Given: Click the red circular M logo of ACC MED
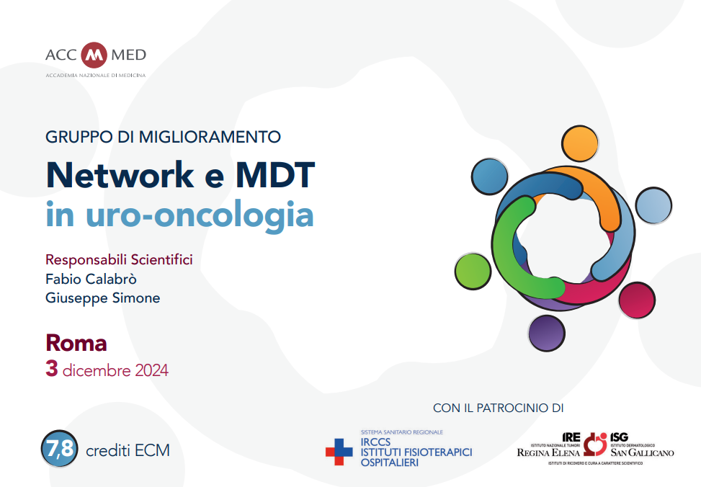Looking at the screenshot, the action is (x=94, y=55).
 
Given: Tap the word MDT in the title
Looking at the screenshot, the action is (x=275, y=175).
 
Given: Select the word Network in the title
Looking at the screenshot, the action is (x=120, y=175).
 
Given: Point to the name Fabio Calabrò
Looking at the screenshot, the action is (x=91, y=279).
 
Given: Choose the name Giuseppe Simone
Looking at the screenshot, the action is (x=103, y=298).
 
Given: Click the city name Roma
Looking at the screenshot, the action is (x=76, y=343).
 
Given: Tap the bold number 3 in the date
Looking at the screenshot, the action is (x=51, y=369).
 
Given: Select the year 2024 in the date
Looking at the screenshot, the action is (x=151, y=370).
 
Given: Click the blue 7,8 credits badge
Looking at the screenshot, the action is (x=60, y=449).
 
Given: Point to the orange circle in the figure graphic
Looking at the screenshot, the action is (x=580, y=143).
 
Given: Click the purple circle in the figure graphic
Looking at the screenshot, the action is (x=546, y=333).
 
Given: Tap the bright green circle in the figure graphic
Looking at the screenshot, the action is (x=473, y=272).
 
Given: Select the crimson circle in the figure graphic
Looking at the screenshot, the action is (x=637, y=300).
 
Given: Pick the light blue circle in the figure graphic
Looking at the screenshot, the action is (x=653, y=205).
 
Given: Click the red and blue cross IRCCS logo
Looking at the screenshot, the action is (x=339, y=452).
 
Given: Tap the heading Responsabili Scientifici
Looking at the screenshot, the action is (x=119, y=260).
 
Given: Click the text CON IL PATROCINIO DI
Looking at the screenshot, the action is (x=498, y=408).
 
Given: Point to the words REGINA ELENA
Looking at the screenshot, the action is (x=548, y=452).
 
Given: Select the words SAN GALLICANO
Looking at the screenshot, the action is (x=643, y=452).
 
